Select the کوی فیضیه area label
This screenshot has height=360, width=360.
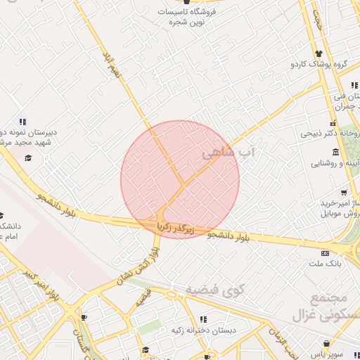click(x=214, y=290)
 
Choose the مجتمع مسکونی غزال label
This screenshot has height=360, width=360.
click(x=330, y=307)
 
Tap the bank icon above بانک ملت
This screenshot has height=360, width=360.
click(x=324, y=253)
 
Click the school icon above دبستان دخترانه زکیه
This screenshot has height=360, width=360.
click(x=203, y=319)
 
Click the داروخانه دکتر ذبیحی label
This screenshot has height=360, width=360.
click(x=330, y=132)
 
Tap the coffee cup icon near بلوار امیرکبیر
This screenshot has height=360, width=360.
click(x=83, y=318)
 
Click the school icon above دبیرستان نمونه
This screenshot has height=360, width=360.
click(x=23, y=121)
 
